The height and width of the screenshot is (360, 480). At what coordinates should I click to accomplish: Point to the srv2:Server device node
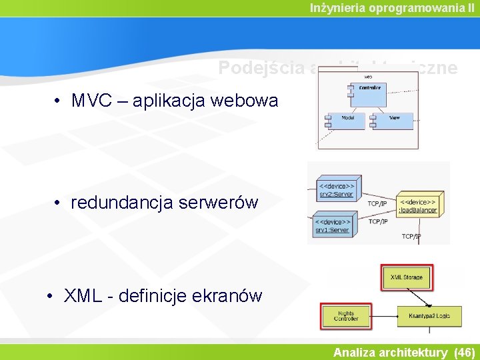coord(335,190)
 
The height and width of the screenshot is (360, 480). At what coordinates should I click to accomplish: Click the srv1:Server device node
coord(333,226)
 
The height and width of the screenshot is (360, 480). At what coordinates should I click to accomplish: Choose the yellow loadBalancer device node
coord(418,206)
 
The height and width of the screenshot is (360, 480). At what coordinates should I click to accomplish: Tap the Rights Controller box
coord(346,315)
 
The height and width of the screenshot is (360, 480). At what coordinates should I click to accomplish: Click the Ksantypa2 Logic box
coord(429,316)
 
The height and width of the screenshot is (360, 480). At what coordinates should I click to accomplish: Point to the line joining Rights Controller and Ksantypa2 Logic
coord(384,315)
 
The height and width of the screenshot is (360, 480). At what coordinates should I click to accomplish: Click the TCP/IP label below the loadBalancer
coord(411,236)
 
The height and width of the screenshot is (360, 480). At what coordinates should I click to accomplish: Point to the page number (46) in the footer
coord(464,353)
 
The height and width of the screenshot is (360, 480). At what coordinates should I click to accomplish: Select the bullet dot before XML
coord(51,295)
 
